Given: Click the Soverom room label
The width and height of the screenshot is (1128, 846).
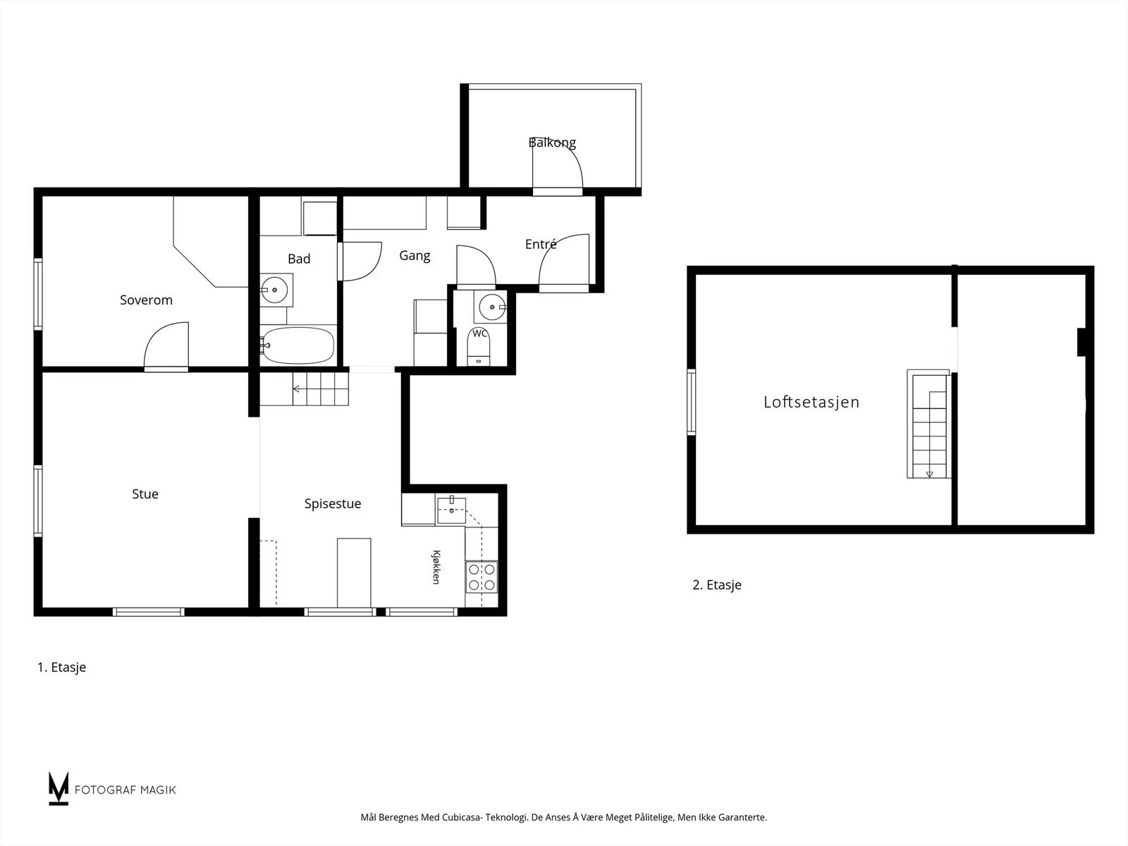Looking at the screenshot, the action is coord(146,300).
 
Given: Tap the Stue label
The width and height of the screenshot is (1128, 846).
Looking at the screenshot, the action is coord(145,494).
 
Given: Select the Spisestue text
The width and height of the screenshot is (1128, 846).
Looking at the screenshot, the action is coord(333,504).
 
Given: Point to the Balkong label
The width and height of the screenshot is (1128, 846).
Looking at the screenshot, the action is coord(552,142).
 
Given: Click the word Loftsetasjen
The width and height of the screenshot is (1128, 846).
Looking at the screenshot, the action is coord(811,402).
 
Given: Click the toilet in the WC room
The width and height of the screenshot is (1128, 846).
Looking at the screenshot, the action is coord(479,347).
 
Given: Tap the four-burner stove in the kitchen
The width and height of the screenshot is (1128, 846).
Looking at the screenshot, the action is coord(482,577).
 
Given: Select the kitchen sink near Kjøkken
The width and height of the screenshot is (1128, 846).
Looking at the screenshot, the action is coord(451,510).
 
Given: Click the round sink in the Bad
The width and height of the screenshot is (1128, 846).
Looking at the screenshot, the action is coord(274,290).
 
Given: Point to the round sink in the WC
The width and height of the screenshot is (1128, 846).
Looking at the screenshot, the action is coord(492,307).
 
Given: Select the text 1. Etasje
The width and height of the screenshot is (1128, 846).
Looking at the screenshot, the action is coord(61,667).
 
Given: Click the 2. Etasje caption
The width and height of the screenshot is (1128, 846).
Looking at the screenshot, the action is coord(717,585).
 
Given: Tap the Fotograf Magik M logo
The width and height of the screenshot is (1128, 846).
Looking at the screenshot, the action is coord(59,789).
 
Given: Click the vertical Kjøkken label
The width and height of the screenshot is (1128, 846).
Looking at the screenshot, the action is coord(436,567).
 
